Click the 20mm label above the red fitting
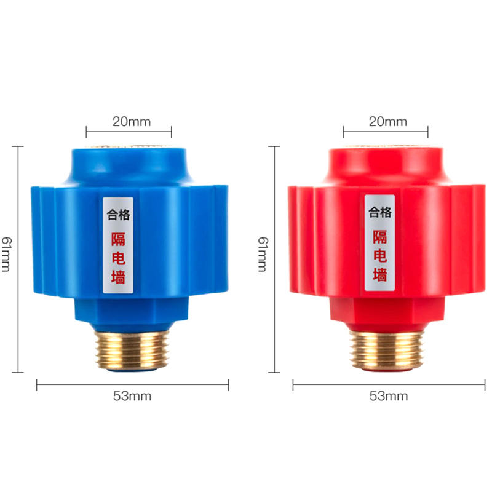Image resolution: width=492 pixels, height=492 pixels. click(x=387, y=121)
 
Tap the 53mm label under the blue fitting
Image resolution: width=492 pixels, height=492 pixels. click(x=132, y=396)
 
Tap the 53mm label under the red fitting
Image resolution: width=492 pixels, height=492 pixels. click(x=388, y=396)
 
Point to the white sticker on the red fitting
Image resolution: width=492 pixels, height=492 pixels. click(x=379, y=242)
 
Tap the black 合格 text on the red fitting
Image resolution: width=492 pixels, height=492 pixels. click(x=379, y=213)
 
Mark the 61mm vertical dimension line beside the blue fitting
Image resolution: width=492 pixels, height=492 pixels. click(x=18, y=258)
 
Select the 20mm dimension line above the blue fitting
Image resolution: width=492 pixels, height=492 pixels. click(x=129, y=131)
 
